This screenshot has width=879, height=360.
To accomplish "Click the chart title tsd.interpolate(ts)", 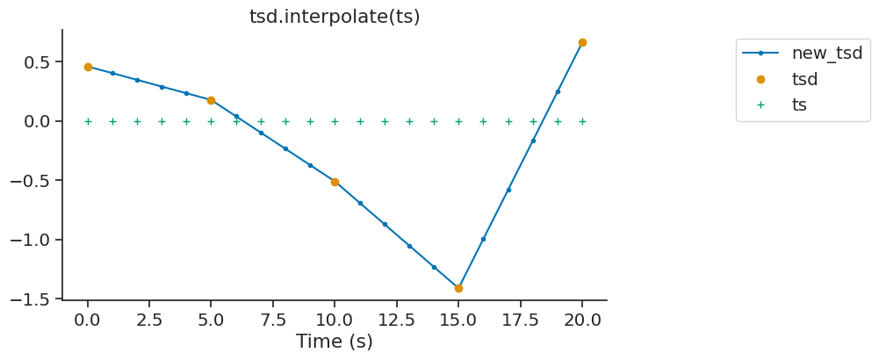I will [335, 17].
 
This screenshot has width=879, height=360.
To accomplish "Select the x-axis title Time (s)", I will [335, 342].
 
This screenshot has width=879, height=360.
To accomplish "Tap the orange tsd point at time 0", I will [88, 67].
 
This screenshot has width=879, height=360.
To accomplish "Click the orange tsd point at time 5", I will [211, 100].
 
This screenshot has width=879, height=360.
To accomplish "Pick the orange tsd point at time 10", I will [335, 182].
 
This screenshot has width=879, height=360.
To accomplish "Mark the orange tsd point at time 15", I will [458, 288].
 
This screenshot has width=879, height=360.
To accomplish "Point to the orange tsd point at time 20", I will [582, 42].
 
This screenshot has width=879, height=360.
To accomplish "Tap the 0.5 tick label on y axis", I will [37, 62].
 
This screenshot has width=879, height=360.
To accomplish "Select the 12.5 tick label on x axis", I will [396, 320].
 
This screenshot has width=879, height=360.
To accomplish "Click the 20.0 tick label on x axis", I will [582, 320].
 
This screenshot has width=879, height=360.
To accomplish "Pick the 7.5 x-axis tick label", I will [273, 320].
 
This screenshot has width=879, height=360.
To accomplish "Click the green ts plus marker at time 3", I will [162, 121].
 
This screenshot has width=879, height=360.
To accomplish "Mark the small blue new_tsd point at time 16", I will [483, 239].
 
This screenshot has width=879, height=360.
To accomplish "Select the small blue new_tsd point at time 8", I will [285, 148].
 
